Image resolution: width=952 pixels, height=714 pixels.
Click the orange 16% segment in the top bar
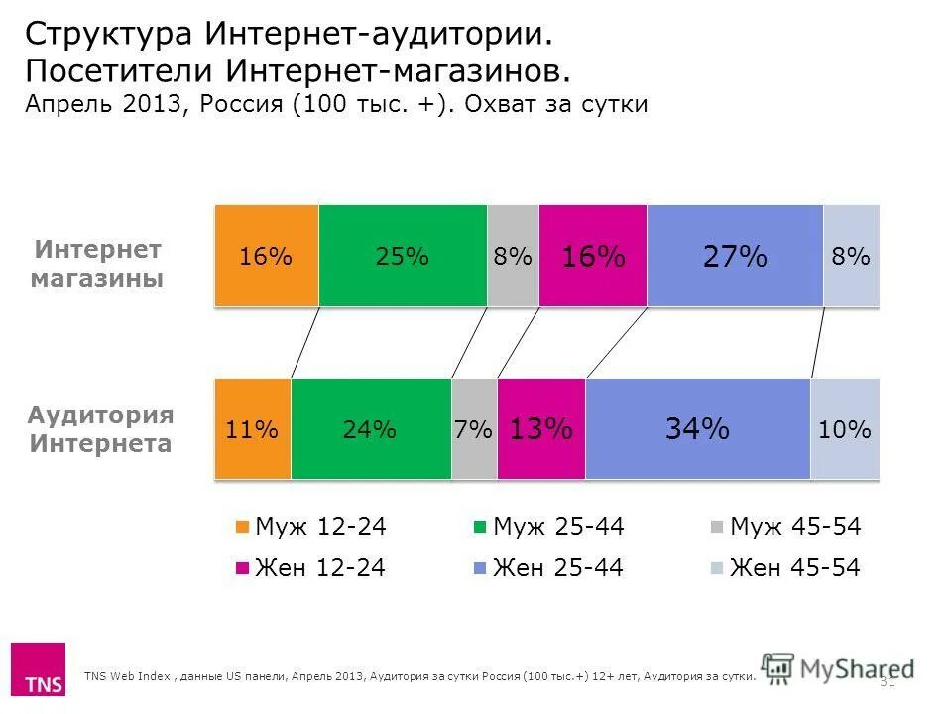[x=266, y=256]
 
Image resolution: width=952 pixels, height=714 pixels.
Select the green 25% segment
[x=403, y=256]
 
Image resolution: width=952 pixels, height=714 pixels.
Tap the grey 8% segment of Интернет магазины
[x=513, y=256]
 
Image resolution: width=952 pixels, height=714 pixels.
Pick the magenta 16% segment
[x=593, y=256]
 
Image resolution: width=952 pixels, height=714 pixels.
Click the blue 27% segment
[x=735, y=256]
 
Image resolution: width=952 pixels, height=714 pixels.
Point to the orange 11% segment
[x=252, y=429]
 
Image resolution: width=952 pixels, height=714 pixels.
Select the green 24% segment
[x=371, y=429]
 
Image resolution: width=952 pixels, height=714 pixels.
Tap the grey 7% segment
[x=474, y=429]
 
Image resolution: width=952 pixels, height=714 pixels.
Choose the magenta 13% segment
[x=540, y=429]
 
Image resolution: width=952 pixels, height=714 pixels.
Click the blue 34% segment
[x=698, y=429]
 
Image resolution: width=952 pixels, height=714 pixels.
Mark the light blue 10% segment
[x=845, y=429]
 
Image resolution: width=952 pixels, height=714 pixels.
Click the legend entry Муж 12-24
[x=310, y=528]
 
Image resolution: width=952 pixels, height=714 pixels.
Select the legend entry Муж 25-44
[x=548, y=528]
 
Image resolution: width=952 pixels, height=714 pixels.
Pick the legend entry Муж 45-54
[x=785, y=528]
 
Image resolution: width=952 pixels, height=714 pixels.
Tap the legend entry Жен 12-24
[x=310, y=568]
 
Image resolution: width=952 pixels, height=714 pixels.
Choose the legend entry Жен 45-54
[x=785, y=568]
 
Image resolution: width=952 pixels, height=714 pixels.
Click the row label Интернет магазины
[x=98, y=264]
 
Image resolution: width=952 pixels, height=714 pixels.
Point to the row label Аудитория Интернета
[x=100, y=429]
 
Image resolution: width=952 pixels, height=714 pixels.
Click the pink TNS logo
[x=38, y=670]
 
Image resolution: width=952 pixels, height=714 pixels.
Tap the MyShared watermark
[x=838, y=668]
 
